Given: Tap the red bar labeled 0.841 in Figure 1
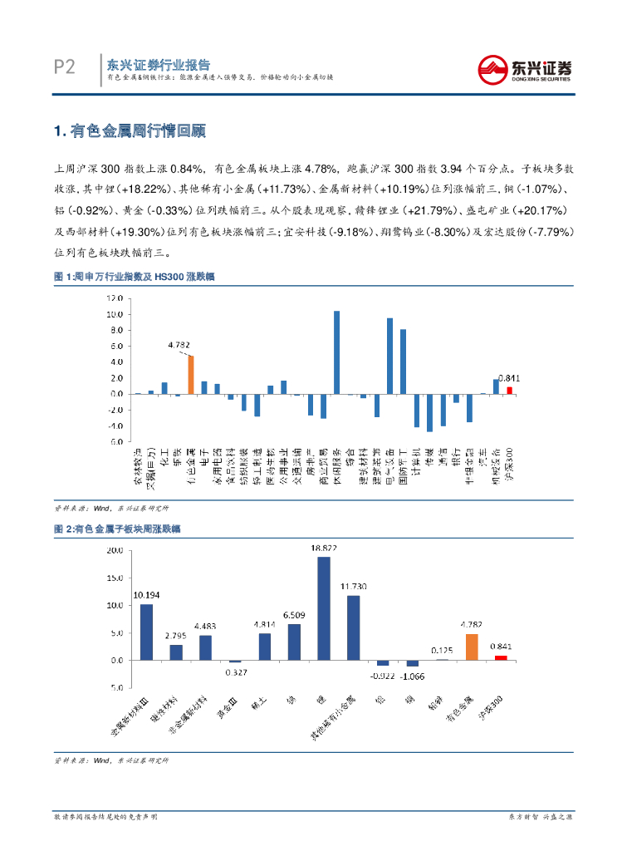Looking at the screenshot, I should tap(510, 390).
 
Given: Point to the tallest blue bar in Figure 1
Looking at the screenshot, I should tap(336, 352).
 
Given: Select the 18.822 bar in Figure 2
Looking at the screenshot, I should tap(323, 608).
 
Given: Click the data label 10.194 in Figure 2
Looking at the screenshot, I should tap(146, 595).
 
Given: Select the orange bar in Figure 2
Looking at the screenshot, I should tap(472, 647).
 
